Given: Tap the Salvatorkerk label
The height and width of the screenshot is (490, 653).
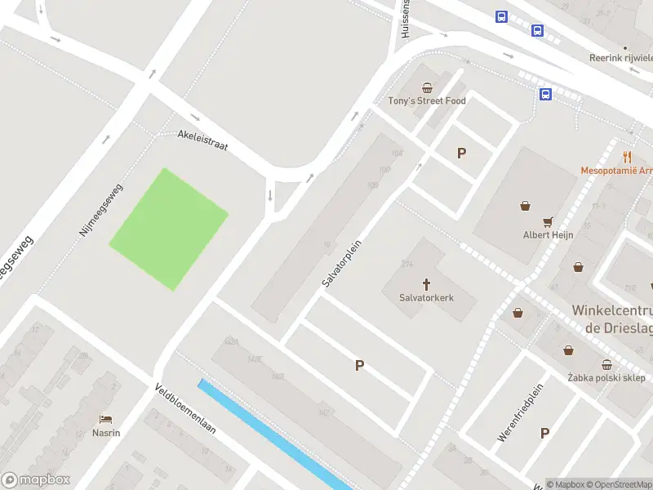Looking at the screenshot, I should (426, 298).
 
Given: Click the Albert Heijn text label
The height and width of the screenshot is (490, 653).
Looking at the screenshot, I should (549, 235).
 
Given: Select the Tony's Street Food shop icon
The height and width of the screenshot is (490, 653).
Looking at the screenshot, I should (426, 87).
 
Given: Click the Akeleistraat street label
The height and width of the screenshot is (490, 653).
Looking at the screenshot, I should (203, 140).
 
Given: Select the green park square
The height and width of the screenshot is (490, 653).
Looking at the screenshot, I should (168, 229).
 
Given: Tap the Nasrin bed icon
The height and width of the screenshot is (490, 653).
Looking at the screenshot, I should (106, 419).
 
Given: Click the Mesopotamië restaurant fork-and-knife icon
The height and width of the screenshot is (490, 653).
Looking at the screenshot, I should (627, 157).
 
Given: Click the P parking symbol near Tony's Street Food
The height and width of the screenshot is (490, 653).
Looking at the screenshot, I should (461, 153).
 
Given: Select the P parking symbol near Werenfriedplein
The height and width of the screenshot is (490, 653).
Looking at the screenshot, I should (544, 434).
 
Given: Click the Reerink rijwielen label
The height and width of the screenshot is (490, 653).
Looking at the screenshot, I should (620, 58).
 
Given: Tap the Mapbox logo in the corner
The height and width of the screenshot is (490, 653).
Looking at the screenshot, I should (36, 479).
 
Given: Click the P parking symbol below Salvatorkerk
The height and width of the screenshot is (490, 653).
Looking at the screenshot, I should (359, 366).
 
